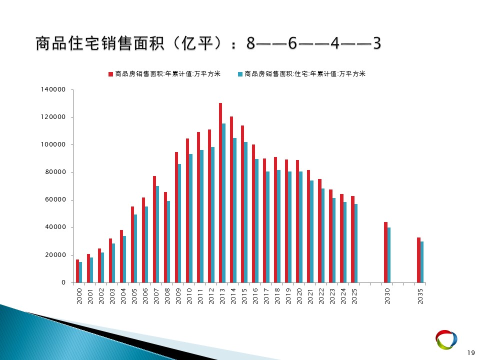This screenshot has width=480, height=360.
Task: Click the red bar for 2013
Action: (220, 193)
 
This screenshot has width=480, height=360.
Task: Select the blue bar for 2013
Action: (224, 203)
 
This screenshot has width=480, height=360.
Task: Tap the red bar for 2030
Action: (385, 252)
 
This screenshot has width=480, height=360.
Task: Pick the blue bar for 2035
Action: (422, 262)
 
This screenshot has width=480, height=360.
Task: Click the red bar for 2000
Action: (77, 271)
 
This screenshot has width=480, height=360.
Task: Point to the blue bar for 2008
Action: (168, 242)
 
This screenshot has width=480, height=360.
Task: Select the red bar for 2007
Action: (154, 229)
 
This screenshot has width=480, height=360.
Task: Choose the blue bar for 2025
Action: (356, 243)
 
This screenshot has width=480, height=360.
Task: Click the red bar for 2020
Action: (297, 221)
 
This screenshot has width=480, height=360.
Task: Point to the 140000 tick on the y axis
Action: (53, 89)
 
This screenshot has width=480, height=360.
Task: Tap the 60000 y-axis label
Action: (55, 199)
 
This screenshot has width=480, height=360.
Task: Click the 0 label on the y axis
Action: (63, 282)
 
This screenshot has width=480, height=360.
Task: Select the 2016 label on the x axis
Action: (255, 296)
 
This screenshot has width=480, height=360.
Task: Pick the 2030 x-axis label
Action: (387, 296)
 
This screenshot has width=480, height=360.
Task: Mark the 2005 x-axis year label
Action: (134, 296)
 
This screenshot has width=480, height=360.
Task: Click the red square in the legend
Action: (111, 74)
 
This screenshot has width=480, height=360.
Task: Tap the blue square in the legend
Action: (240, 74)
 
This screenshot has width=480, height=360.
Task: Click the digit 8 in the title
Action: (250, 43)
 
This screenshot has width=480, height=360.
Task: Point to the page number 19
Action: (471, 353)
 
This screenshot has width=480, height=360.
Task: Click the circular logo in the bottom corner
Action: (446, 339)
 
